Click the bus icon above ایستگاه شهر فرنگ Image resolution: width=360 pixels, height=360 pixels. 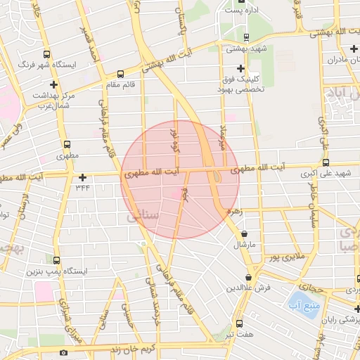pyautogui.click(x=46, y=54)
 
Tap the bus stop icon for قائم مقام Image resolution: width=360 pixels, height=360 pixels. pyautogui.click(x=120, y=73)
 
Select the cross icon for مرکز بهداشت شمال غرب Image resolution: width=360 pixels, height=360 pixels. pyautogui.click(x=53, y=84)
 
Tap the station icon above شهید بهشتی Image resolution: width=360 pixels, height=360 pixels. pyautogui.click(x=245, y=37)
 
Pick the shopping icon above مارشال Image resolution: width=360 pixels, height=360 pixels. pyautogui.click(x=243, y=233)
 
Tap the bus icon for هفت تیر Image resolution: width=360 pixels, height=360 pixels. pyautogui.click(x=240, y=324)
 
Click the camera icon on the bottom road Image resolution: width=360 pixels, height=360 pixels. pyautogui.click(x=64, y=352)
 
